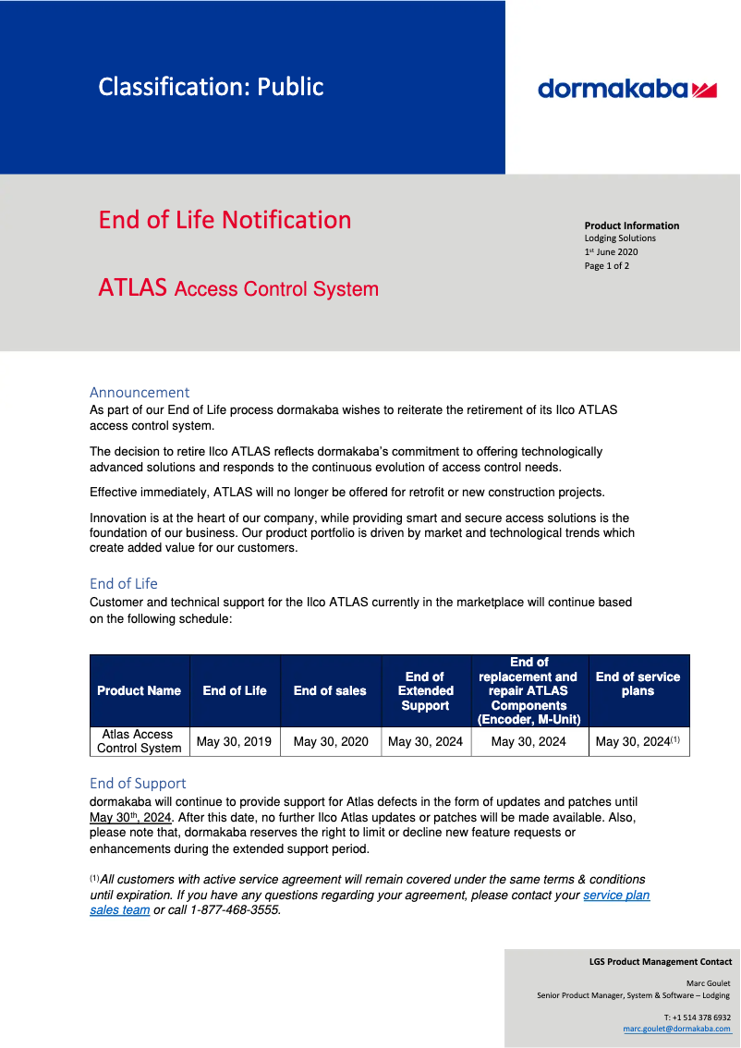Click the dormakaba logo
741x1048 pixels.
pos(627,89)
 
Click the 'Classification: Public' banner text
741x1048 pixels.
pos(211,87)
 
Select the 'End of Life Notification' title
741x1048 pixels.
pos(225,220)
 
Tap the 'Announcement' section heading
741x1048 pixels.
pos(140,392)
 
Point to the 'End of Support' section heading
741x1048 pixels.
pos(138,783)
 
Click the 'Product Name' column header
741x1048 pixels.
pos(139,690)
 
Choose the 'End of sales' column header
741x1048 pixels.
pos(330,690)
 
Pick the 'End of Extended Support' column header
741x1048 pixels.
pos(425,690)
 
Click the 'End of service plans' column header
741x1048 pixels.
pos(638,684)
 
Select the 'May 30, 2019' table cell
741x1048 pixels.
pos(235,741)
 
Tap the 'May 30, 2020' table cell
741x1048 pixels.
pos(330,741)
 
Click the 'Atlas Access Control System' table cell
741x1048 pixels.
pos(139,741)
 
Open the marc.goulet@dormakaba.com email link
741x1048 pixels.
pos(676,1028)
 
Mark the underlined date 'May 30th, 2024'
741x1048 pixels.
pos(130,818)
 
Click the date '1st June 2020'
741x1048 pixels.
pos(611,251)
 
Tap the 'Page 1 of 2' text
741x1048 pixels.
pos(607,266)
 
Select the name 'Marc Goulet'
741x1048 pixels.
pos(708,982)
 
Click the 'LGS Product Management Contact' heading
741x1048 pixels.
pos(660,961)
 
